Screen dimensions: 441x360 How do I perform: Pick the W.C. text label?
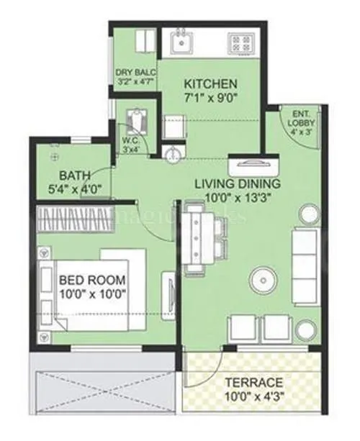coord(130,142)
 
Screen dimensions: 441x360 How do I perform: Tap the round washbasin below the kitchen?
coord(170,154)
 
